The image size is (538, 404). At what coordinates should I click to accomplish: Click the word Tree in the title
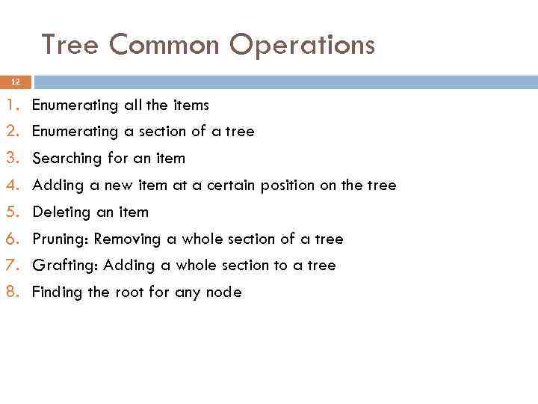70,46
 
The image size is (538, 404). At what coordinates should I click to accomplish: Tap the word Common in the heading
164,46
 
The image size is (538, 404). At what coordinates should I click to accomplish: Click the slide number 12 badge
16,82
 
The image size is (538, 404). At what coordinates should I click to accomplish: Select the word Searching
67,159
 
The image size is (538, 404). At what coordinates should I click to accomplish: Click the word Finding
57,293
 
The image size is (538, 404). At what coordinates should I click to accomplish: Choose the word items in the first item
191,105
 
